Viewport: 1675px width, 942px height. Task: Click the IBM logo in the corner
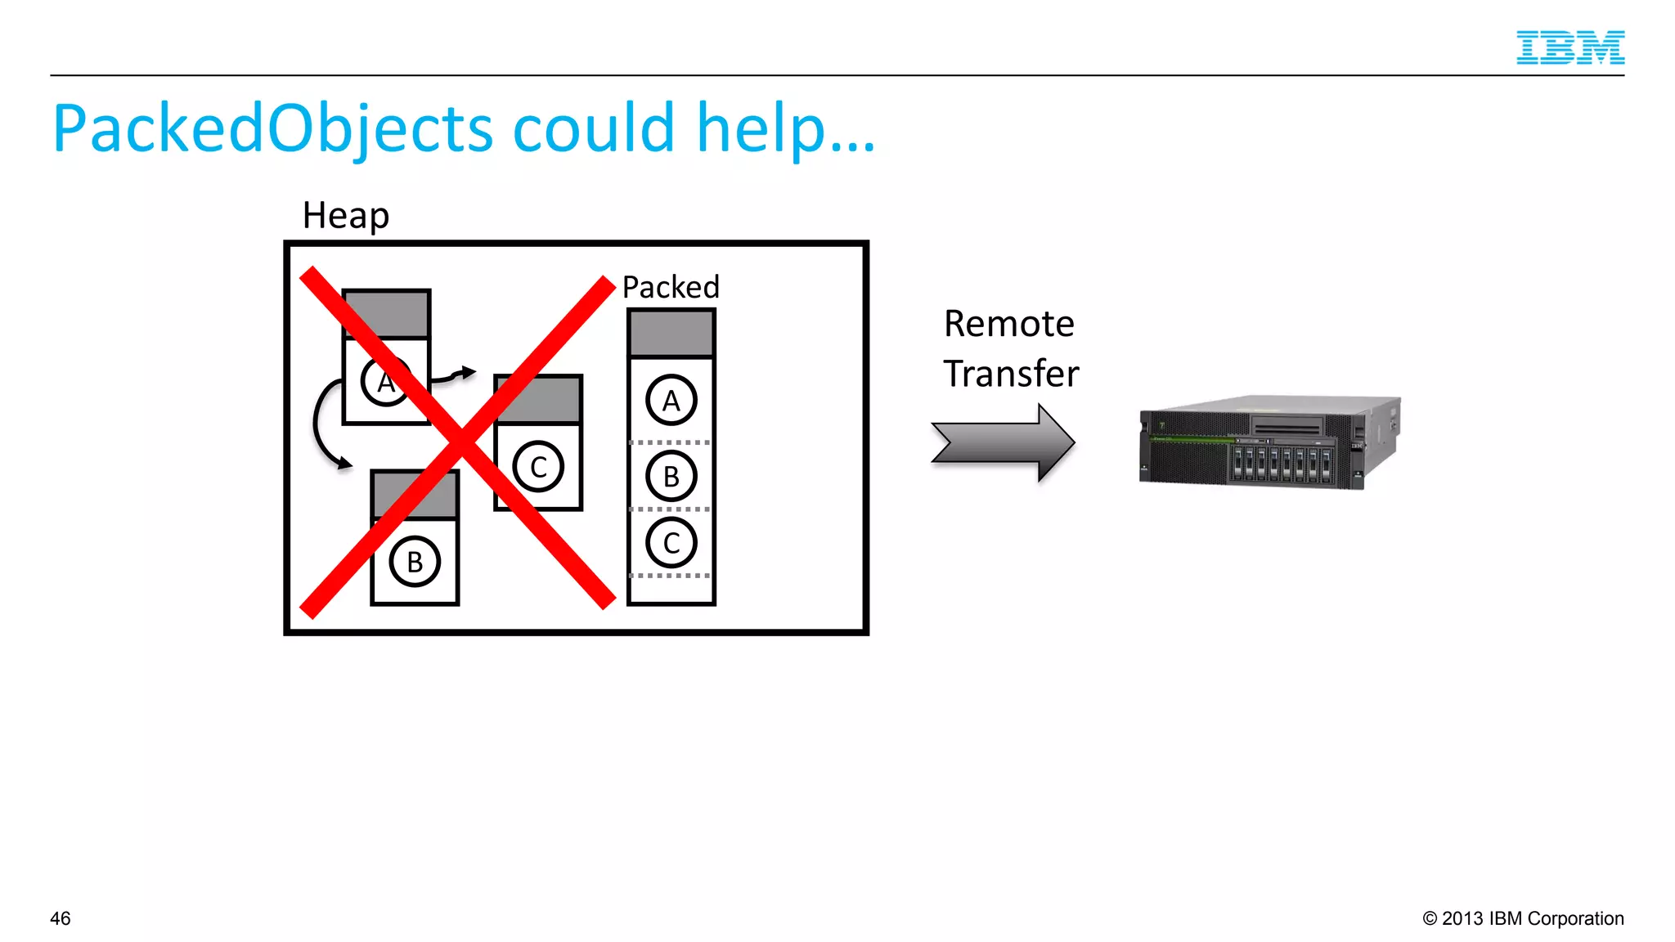coord(1569,47)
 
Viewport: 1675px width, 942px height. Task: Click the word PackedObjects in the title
coord(272,129)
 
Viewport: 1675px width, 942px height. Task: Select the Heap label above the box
coord(345,216)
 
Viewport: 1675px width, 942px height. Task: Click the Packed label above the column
coord(671,287)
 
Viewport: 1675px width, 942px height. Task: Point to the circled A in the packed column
coord(671,401)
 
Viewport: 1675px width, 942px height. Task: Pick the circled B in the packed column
coord(671,476)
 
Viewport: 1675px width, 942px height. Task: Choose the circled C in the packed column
coord(671,543)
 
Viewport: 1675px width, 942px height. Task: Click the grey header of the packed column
coord(671,333)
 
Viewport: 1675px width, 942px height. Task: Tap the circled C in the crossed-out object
coord(538,467)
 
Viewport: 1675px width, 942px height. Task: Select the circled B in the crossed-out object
coord(415,562)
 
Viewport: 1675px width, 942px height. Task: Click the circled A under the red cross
coord(384,382)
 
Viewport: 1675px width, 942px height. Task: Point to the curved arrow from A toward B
coord(321,425)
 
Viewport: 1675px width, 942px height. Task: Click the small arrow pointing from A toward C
coord(455,375)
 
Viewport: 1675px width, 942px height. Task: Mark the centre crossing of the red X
coord(460,442)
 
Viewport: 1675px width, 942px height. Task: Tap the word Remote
coord(1008,324)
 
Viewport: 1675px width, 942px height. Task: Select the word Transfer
coord(1011,374)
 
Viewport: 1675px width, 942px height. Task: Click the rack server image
coord(1269,442)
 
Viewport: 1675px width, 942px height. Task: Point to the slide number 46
coord(61,918)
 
